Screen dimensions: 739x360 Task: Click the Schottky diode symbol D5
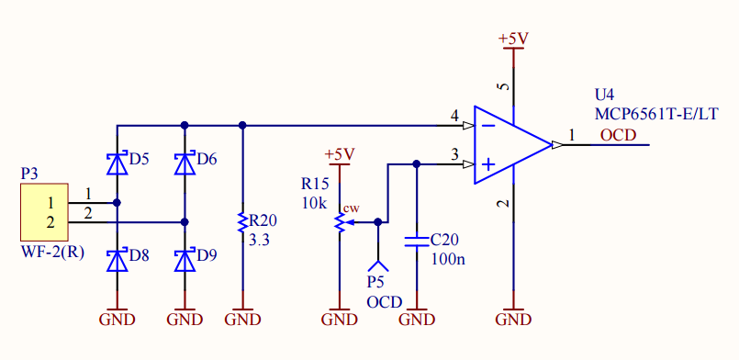(x=118, y=163)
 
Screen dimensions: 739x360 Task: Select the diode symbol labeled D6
(x=185, y=163)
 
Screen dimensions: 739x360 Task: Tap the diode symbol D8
(x=118, y=260)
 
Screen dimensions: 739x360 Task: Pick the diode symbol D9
(x=185, y=260)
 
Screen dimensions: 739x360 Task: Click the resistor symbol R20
(x=242, y=222)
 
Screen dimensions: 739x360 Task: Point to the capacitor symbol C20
(x=416, y=242)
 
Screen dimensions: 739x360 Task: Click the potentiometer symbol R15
(x=341, y=222)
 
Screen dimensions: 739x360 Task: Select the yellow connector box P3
(x=44, y=212)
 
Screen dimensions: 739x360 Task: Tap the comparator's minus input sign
(x=489, y=125)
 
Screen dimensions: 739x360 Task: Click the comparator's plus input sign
(x=489, y=164)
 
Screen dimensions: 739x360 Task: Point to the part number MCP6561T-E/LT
(x=656, y=115)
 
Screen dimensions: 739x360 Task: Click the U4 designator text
(x=605, y=96)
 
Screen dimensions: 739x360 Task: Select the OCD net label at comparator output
(x=618, y=135)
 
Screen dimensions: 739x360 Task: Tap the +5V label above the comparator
(x=513, y=39)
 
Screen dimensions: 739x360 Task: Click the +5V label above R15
(x=340, y=154)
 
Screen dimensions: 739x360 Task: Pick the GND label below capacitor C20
(x=416, y=320)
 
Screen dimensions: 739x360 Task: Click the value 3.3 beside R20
(x=259, y=241)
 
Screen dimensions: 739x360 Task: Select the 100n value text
(x=448, y=258)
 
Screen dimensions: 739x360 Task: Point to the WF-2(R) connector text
(x=52, y=253)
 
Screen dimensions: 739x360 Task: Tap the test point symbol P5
(x=377, y=264)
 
